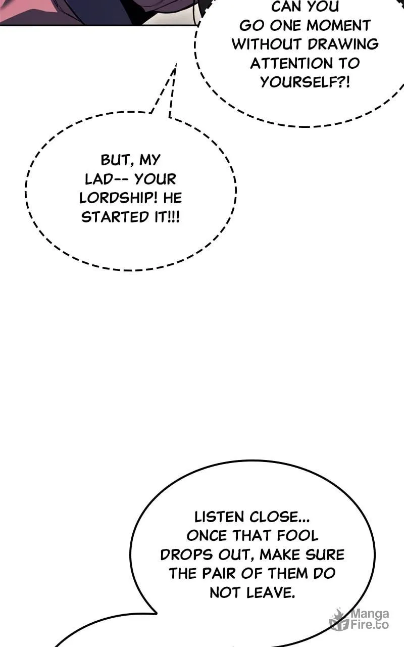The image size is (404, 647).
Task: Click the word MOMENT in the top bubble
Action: pos(338,25)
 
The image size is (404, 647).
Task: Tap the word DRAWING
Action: pos(343,44)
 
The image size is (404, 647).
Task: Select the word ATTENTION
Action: pos(291,63)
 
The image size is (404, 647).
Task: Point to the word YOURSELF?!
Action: pos(305,82)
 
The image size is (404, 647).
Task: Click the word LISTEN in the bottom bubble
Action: pos(219,517)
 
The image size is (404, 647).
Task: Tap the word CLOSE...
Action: pos(279,517)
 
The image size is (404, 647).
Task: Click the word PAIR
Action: pos(219,574)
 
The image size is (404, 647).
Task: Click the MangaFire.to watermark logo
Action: pos(359,619)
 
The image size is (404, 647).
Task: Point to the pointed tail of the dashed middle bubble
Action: pos(175,64)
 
